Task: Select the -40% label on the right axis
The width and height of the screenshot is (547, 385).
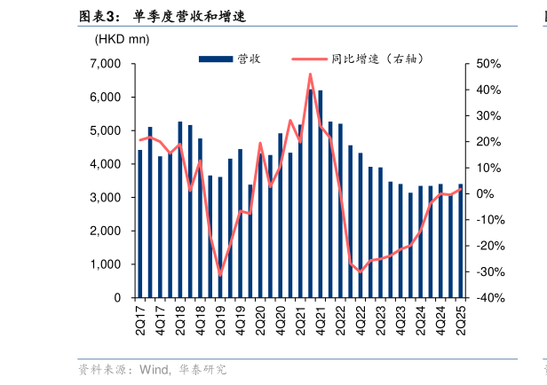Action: point(490,298)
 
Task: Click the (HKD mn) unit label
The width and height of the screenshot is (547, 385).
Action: point(122,39)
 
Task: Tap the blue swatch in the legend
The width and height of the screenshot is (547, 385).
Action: point(216,59)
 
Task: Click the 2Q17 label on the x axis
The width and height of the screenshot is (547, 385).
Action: point(140,318)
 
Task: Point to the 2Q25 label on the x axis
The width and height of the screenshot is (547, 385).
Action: point(460,318)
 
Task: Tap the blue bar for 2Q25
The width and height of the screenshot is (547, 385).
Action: point(460,240)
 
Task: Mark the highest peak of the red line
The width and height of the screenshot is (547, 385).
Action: point(310,75)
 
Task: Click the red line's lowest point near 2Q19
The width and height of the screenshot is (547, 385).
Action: point(220,275)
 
